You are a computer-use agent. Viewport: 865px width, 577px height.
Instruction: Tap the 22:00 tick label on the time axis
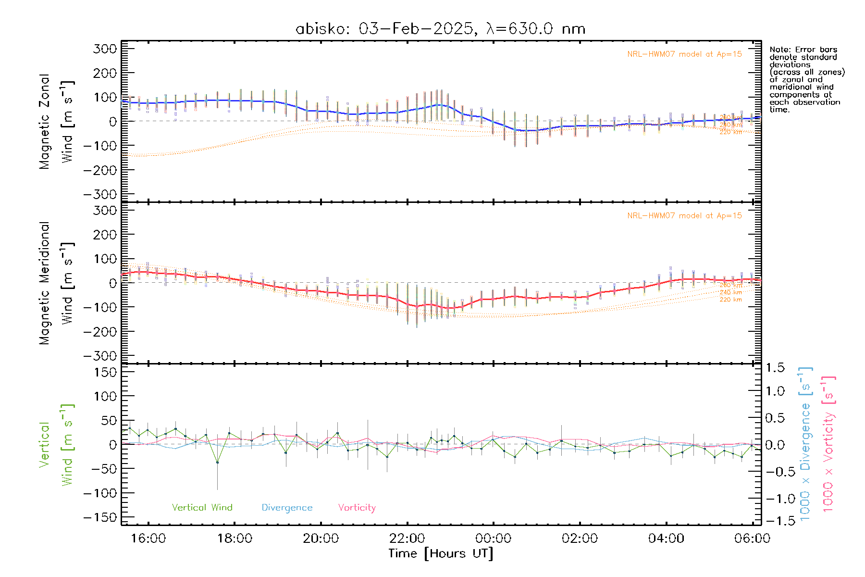407,538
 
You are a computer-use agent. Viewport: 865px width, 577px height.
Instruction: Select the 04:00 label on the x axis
666,538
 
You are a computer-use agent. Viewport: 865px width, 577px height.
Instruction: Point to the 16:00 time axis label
148,538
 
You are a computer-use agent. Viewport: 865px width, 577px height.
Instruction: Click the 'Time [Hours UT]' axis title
441,553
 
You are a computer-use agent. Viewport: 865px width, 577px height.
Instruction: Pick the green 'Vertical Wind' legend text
202,507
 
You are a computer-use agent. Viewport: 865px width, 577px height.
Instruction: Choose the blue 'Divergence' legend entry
287,507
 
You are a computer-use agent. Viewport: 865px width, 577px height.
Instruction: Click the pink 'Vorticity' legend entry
357,507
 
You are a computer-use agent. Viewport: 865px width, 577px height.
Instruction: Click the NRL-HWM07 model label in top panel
684,54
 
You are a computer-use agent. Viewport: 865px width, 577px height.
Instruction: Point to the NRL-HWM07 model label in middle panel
684,215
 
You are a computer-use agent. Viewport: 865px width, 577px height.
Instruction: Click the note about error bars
806,79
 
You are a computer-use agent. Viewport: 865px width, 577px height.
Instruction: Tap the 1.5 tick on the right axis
775,368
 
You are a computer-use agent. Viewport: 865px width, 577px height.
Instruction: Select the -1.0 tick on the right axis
775,499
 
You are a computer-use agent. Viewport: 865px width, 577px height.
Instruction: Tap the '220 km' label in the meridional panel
730,300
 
